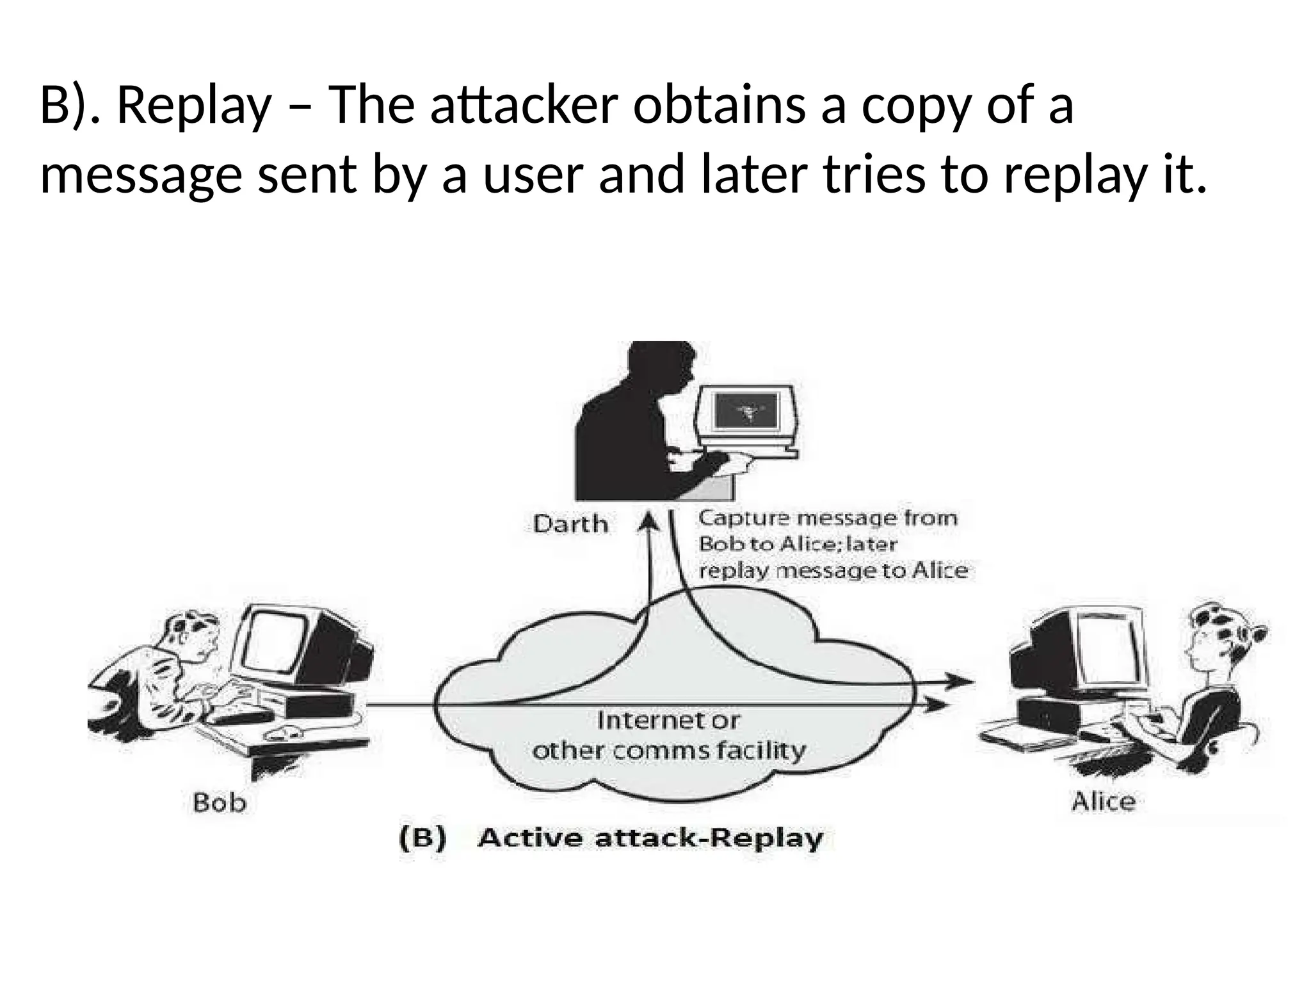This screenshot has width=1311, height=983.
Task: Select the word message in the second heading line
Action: point(141,175)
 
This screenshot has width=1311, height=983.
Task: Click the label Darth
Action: point(570,524)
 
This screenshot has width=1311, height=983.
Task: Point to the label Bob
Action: point(219,802)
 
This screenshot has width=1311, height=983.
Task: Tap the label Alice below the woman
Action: point(1103,801)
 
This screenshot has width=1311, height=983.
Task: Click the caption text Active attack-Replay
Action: point(650,838)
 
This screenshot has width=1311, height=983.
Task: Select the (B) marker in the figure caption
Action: point(422,838)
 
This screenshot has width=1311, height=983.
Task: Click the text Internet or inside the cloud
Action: point(668,721)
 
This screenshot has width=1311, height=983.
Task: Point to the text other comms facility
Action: point(668,750)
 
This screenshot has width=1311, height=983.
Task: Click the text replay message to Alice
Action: point(833,570)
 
